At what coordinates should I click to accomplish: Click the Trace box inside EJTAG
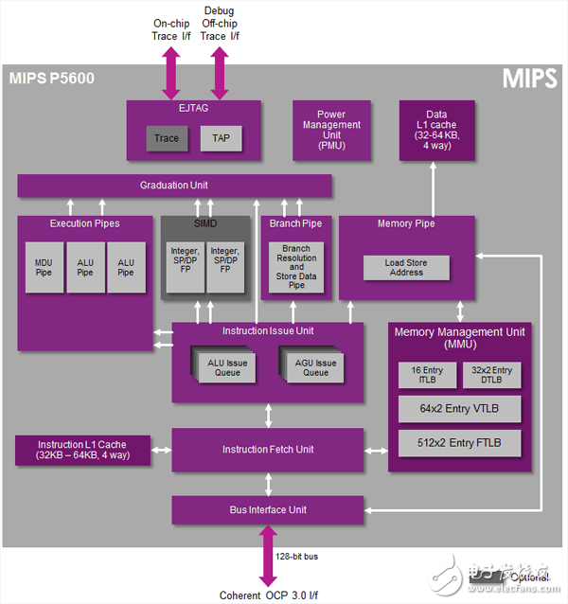pyautogui.click(x=167, y=138)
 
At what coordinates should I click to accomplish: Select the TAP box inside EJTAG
pyautogui.click(x=220, y=138)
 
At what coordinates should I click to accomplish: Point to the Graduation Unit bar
pyautogui.click(x=174, y=186)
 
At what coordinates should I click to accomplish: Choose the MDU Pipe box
pyautogui.click(x=44, y=267)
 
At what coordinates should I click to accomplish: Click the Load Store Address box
pyautogui.click(x=405, y=267)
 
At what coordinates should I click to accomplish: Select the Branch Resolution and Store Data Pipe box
pyautogui.click(x=296, y=266)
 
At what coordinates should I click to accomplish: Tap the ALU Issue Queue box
pyautogui.click(x=227, y=366)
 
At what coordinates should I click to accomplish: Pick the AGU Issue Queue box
pyautogui.click(x=314, y=366)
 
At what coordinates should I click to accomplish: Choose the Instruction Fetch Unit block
pyautogui.click(x=267, y=450)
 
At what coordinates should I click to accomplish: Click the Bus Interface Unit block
pyautogui.click(x=267, y=509)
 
